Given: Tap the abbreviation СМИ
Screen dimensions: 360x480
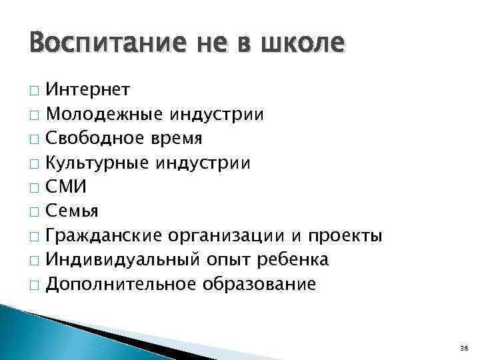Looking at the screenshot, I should (67, 187).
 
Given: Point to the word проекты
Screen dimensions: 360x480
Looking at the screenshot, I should (345, 237).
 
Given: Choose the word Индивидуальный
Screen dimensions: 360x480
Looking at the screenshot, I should (115, 261).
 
